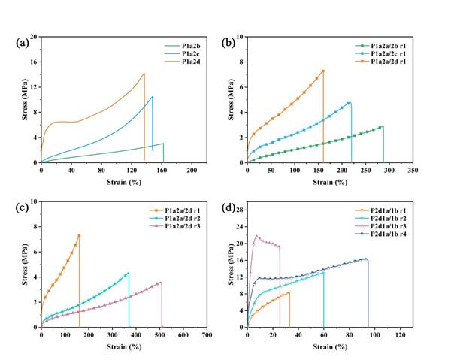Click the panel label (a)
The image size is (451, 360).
23,42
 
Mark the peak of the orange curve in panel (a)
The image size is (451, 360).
144,73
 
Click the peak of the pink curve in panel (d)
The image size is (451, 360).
256,235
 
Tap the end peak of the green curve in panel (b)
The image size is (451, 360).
382,126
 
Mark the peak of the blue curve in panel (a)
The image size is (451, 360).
152,96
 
